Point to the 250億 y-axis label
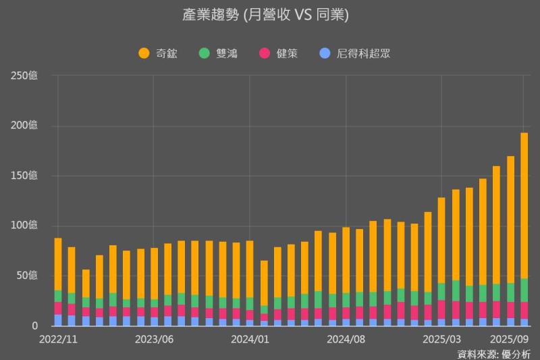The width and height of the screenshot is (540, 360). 24,76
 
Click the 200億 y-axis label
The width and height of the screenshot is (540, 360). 24,126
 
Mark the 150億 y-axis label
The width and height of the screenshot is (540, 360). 24,176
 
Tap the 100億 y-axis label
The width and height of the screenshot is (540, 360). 24,226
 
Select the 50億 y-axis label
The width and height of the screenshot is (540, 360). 27,276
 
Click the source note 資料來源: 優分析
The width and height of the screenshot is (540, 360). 493,353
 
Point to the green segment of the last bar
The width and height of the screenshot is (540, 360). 524,290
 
